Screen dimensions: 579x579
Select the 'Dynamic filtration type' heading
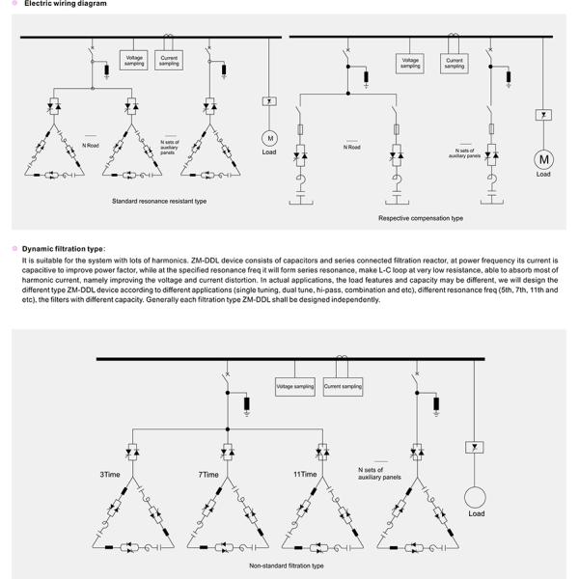pos(63,248)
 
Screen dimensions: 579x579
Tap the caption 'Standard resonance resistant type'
pos(159,201)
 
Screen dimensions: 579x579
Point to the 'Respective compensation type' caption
pos(421,218)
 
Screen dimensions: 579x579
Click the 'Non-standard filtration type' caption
pos(287,565)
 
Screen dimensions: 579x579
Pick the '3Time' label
pos(111,475)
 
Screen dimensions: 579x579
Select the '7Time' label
pos(208,475)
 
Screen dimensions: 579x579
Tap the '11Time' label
pos(305,475)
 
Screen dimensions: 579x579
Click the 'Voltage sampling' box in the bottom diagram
pos(296,386)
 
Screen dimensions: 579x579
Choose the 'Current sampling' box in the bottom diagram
pos(343,386)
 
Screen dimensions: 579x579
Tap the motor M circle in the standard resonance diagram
pos(269,138)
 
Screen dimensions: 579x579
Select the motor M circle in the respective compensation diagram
pos(543,159)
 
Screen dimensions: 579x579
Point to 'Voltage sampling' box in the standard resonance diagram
pos(134,61)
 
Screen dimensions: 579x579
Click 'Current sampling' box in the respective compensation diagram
pos(455,64)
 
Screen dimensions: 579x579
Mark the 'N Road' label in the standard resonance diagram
pos(92,146)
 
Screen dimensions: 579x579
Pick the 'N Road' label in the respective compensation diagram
pos(352,147)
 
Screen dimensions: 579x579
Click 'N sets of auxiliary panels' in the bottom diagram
pos(378,473)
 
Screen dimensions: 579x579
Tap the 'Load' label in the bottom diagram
pos(477,513)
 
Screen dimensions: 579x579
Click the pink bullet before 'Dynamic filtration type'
pos(14,248)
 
